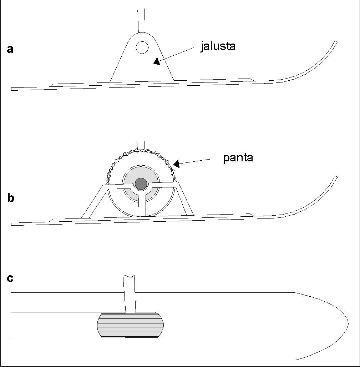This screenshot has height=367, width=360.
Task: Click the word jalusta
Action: point(218,46)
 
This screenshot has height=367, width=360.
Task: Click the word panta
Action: point(238,157)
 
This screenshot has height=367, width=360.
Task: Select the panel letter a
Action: point(10,49)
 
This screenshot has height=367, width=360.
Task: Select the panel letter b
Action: point(11,198)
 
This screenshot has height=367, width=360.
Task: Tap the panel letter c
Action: point(10,278)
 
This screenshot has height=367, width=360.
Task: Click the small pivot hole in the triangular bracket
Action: point(142,47)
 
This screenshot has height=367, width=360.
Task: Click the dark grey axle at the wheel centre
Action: point(141,183)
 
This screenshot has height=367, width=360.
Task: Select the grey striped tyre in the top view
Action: point(130,325)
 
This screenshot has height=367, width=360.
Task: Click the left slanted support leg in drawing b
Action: point(93,202)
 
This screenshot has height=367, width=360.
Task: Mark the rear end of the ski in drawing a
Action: point(14,89)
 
